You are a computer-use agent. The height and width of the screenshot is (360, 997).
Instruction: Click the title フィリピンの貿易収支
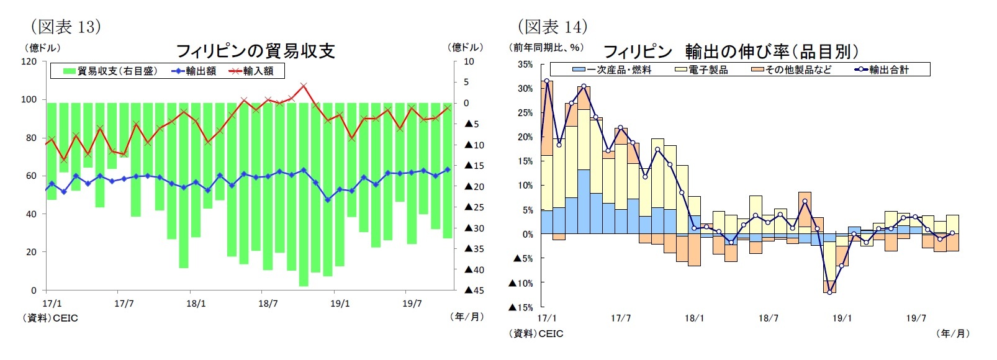[x=255, y=51]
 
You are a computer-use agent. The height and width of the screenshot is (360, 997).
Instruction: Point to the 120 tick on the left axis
[x=29, y=61]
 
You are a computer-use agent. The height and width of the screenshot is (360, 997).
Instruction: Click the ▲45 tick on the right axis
[x=474, y=290]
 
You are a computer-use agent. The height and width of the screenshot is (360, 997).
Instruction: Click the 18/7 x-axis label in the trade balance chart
[x=268, y=304]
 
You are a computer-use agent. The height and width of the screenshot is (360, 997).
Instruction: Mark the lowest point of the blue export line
[x=327, y=200]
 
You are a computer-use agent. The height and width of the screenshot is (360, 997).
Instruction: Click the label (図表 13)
[x=65, y=26]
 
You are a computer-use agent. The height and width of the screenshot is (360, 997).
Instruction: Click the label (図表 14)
[x=552, y=26]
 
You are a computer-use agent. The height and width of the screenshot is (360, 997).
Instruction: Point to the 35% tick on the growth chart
[x=525, y=65]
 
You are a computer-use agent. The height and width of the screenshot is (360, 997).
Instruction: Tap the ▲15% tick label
[x=521, y=307]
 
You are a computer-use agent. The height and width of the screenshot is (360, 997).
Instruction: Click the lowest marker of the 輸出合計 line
[x=829, y=292]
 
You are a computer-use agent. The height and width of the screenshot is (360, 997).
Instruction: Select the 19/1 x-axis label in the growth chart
[x=842, y=318]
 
